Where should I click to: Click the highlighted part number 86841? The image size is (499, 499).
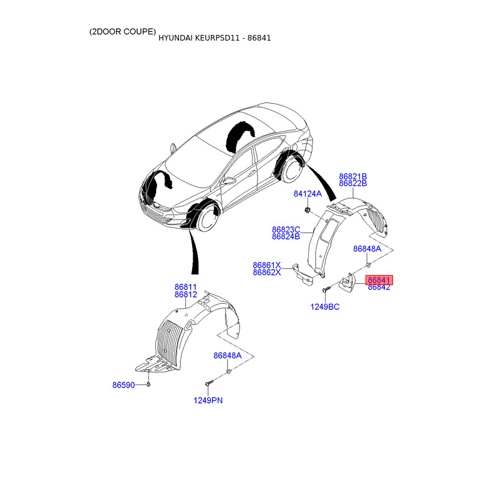pyautogui.click(x=379, y=281)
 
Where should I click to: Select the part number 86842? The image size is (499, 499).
pyautogui.click(x=379, y=288)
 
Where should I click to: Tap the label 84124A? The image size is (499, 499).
pyautogui.click(x=308, y=194)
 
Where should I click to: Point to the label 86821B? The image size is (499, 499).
pyautogui.click(x=353, y=177)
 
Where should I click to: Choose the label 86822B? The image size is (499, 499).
pyautogui.click(x=353, y=184)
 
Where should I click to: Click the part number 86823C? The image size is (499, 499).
pyautogui.click(x=286, y=230)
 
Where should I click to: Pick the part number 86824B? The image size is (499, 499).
pyautogui.click(x=286, y=237)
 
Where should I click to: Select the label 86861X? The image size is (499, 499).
pyautogui.click(x=267, y=265)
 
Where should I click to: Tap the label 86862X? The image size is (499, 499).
pyautogui.click(x=267, y=273)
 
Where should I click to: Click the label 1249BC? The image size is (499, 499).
pyautogui.click(x=325, y=307)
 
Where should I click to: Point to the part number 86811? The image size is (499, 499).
pyautogui.click(x=186, y=287)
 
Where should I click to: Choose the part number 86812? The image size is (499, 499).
pyautogui.click(x=186, y=294)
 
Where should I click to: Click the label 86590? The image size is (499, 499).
pyautogui.click(x=124, y=385)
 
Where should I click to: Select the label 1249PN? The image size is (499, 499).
pyautogui.click(x=208, y=400)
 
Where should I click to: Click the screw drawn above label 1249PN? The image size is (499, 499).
pyautogui.click(x=208, y=382)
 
